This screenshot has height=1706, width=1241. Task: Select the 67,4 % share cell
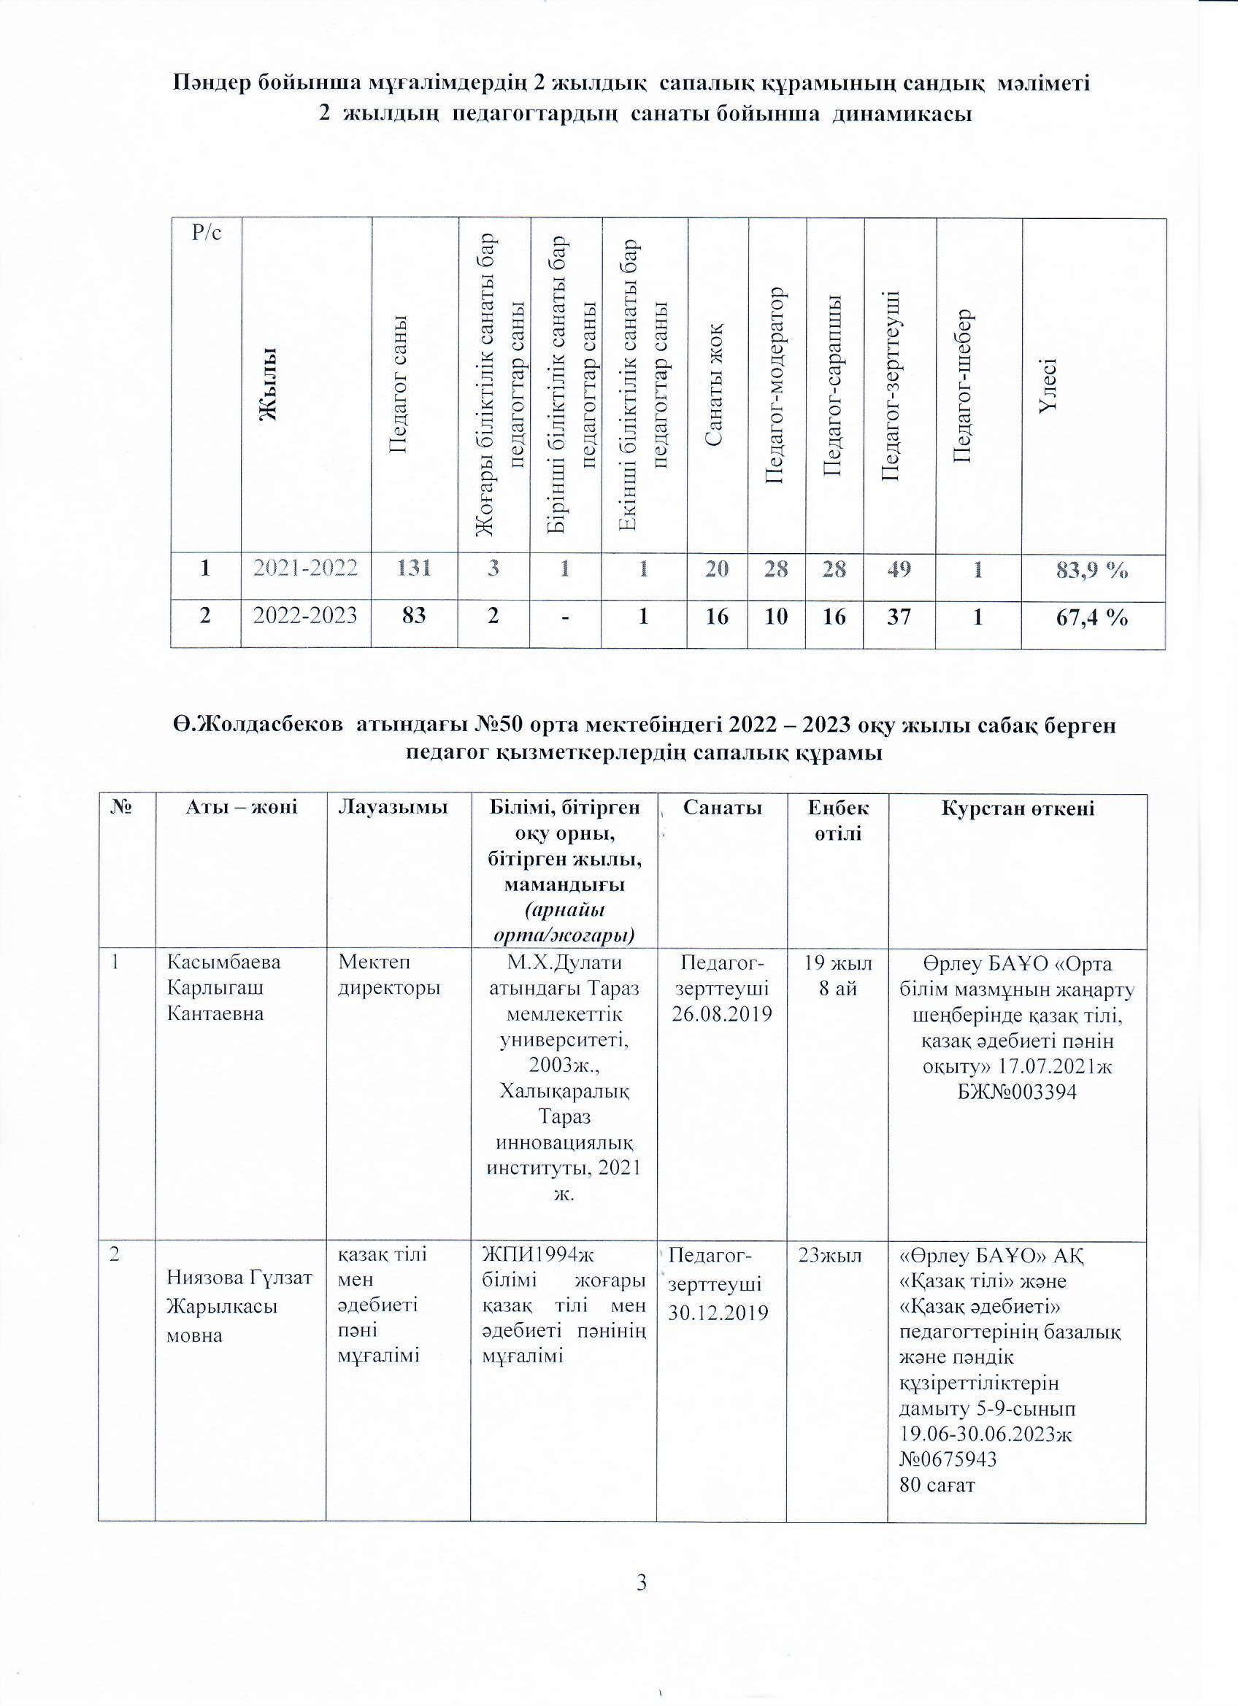(x=1092, y=617)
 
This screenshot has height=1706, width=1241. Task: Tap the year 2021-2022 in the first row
(x=305, y=568)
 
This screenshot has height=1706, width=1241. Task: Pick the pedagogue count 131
(x=414, y=568)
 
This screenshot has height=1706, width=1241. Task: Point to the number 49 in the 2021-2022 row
(x=899, y=568)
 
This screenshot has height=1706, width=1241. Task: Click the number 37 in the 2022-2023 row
(x=899, y=617)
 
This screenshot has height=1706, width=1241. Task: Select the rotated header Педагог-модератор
(x=776, y=385)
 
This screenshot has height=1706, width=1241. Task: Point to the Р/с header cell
(x=206, y=233)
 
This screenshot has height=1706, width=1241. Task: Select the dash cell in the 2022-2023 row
(x=565, y=617)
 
